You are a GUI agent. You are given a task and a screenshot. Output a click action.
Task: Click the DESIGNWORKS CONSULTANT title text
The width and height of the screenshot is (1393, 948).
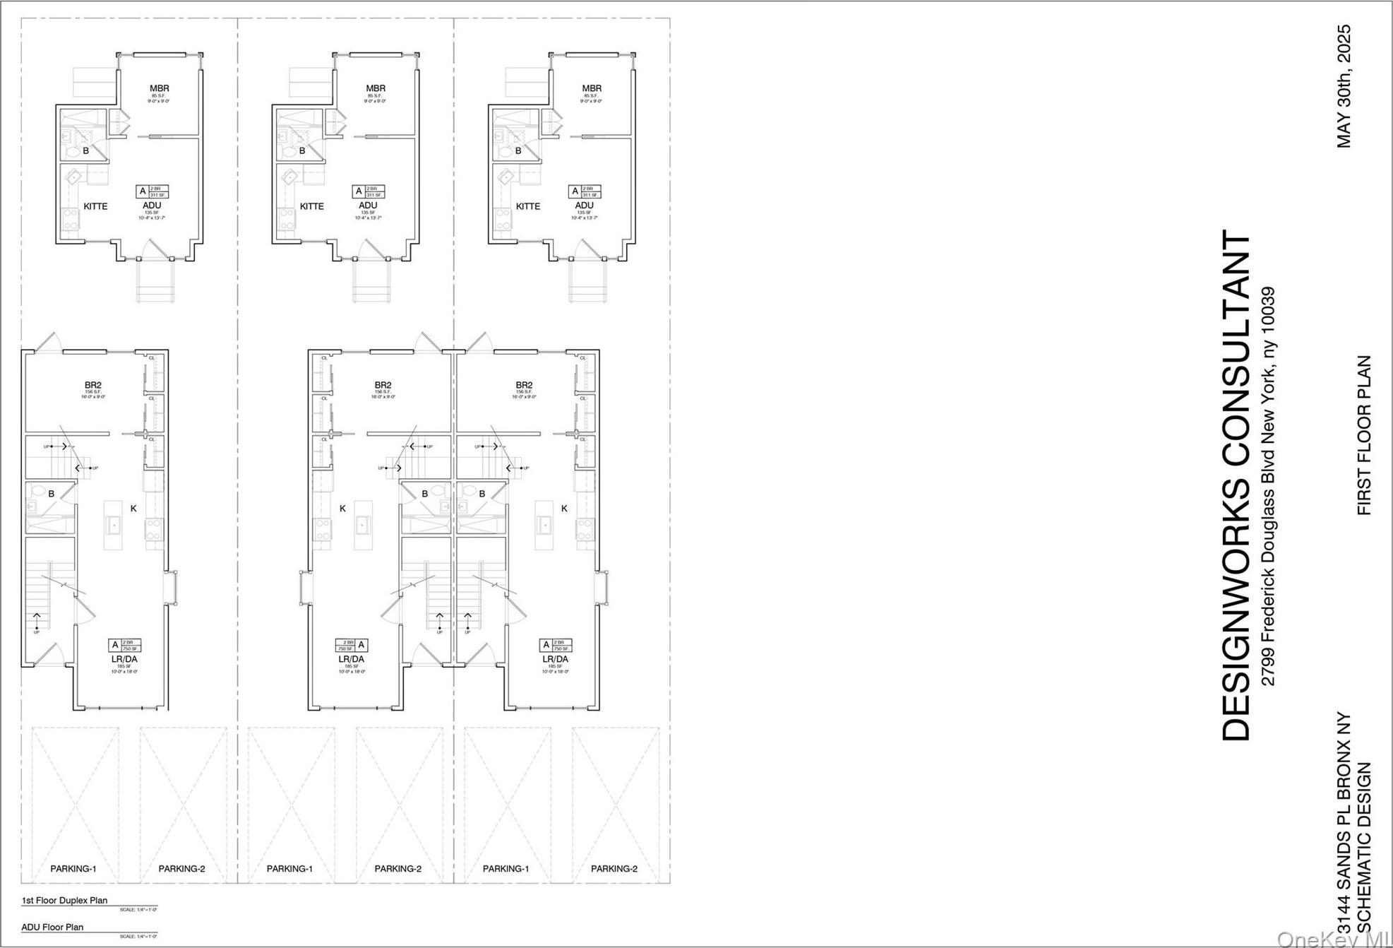pos(1237,485)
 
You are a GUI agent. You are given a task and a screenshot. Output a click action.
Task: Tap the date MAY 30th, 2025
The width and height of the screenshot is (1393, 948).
pos(1344,86)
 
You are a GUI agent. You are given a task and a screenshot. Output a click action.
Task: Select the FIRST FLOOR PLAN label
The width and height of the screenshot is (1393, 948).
pos(1364,435)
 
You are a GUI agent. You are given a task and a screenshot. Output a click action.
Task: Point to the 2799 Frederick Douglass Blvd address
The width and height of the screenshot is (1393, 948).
pos(1269,486)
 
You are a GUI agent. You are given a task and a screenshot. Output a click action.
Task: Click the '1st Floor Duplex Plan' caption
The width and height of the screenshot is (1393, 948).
pos(64,901)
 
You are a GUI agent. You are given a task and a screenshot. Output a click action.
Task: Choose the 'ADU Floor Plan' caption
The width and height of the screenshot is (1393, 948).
pos(52,928)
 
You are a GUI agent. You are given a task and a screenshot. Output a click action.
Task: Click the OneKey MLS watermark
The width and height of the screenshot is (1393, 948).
pos(1333,939)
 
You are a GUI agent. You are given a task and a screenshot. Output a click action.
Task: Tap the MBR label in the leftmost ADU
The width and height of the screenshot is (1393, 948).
pos(160,88)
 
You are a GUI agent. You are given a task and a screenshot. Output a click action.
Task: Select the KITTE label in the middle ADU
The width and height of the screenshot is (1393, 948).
pos(312,206)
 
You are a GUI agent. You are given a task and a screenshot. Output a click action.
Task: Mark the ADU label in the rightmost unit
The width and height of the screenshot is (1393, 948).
pos(585,206)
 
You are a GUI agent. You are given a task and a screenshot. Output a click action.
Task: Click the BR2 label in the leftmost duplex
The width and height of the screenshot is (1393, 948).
pos(93,385)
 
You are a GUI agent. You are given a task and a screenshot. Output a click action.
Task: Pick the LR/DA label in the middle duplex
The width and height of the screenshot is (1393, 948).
pos(352,659)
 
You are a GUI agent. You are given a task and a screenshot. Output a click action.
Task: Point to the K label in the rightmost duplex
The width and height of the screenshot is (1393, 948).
pos(564,508)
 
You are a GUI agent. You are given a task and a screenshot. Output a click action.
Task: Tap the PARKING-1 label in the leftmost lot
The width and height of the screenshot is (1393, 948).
pos(73,869)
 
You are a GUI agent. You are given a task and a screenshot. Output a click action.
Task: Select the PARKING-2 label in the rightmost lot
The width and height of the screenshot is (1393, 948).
pos(614,869)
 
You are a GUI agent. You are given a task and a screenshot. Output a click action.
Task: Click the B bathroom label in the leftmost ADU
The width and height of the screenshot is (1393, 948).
pos(86,150)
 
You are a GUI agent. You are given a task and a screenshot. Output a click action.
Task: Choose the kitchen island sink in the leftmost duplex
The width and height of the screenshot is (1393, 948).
pos(114,525)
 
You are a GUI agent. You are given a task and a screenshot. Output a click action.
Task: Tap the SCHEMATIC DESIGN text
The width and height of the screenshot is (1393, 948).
pos(1364,858)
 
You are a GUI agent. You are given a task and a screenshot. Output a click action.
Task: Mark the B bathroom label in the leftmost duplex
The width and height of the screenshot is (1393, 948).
pos(52,494)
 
